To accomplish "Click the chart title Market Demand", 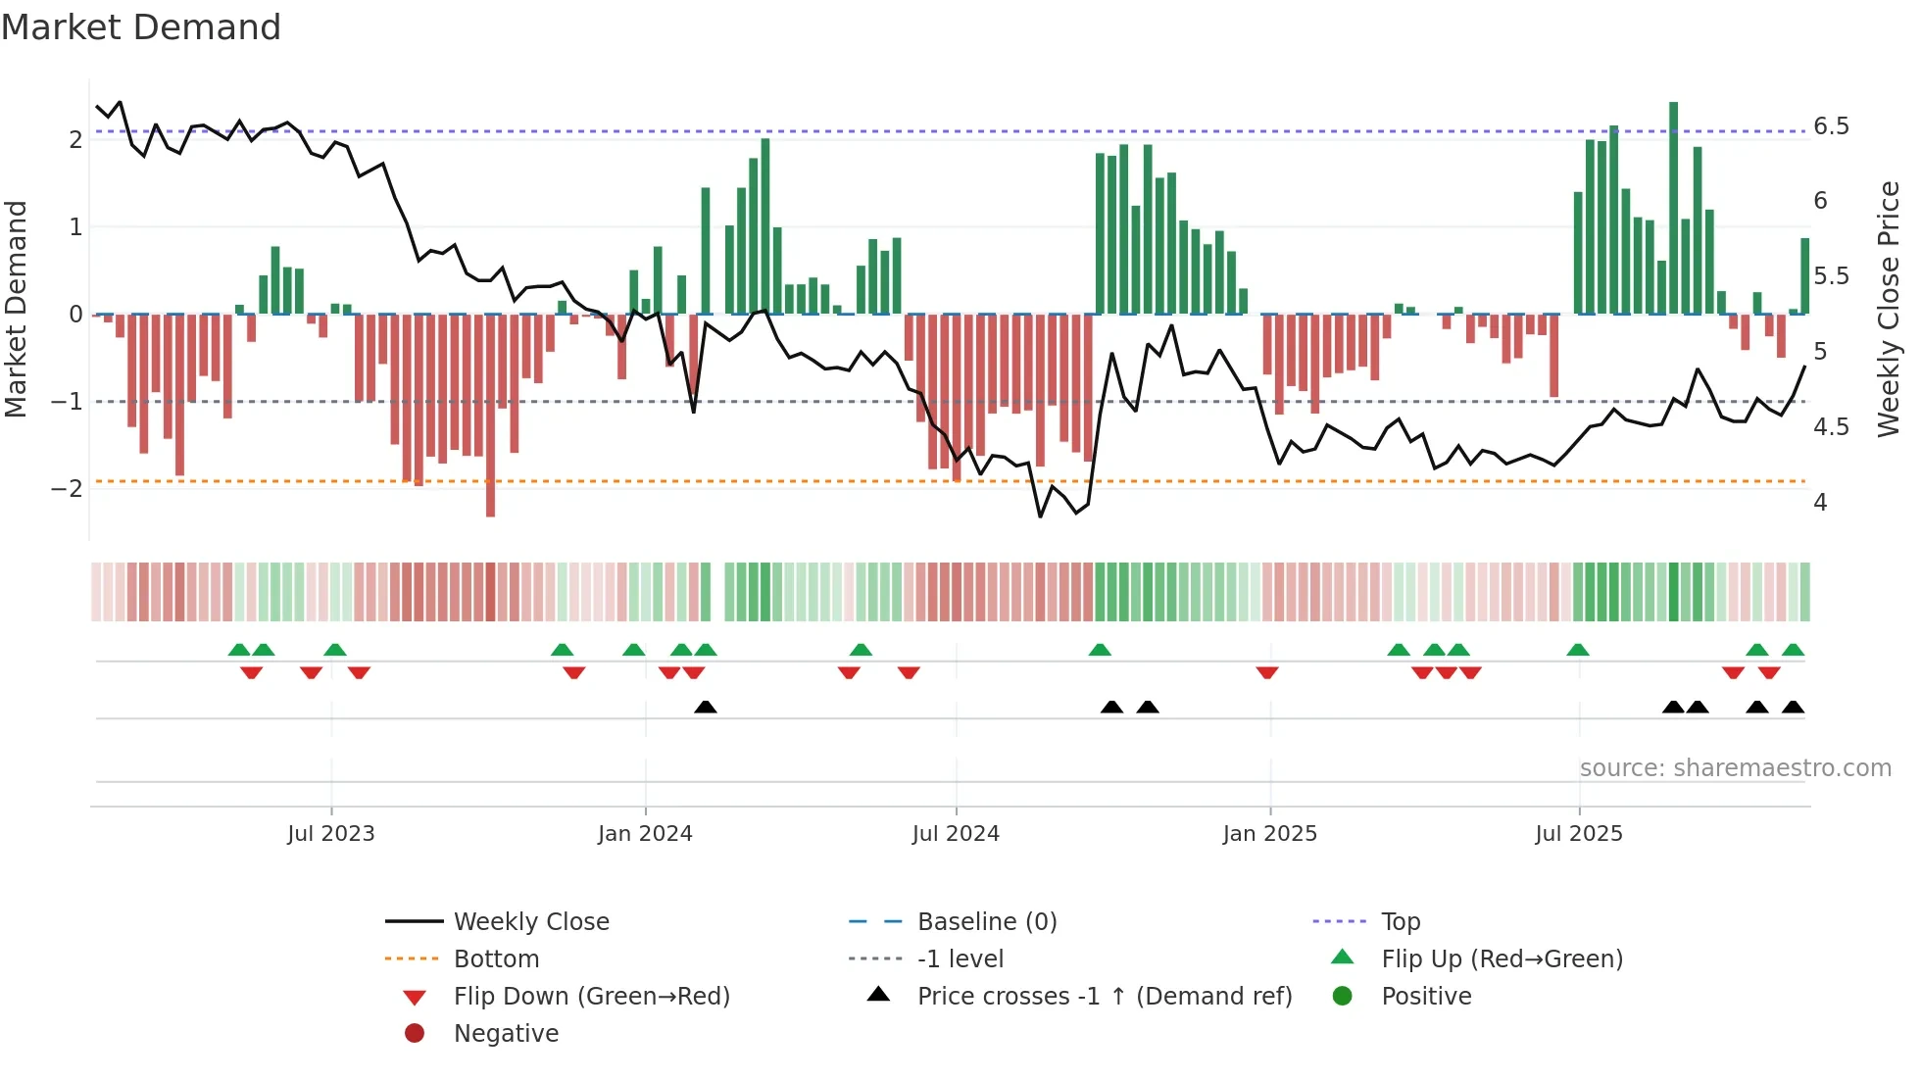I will tap(141, 26).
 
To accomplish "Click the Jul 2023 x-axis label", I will tap(331, 833).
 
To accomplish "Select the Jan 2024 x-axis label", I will tap(645, 833).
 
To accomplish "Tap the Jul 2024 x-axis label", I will tap(956, 833).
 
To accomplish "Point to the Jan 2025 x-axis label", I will tap(1270, 833).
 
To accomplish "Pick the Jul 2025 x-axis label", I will tap(1579, 833).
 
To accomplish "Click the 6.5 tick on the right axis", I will tap(1831, 126).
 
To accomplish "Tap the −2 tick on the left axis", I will tap(67, 488).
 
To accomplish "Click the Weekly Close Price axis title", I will tap(1888, 309).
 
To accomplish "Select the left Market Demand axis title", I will tap(16, 309).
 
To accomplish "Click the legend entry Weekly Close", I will tap(531, 921).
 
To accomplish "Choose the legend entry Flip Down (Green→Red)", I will tap(591, 996).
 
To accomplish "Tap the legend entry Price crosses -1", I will tap(1104, 996).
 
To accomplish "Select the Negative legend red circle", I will tap(415, 1033).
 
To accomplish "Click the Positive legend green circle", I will tap(1343, 996).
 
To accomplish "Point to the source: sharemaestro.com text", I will tap(1735, 767).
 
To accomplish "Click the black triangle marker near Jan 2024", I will tap(706, 707).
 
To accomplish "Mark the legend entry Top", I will tap(1400, 921).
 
